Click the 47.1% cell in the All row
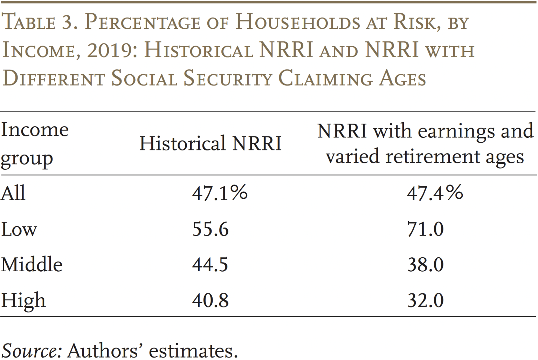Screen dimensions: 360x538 220,193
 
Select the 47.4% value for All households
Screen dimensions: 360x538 435,193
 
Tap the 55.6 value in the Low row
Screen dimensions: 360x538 210,229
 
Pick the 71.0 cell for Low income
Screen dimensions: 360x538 425,229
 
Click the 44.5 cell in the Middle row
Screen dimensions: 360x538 210,265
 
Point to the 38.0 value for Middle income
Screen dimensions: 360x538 425,265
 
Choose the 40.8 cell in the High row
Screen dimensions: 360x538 210,300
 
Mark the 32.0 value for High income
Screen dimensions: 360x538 425,300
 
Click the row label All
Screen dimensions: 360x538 13,193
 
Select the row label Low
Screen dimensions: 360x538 19,229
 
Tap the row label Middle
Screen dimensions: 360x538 32,265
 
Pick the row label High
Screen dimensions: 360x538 23,301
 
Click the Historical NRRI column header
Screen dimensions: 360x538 210,143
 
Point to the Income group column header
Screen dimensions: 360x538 34,144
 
